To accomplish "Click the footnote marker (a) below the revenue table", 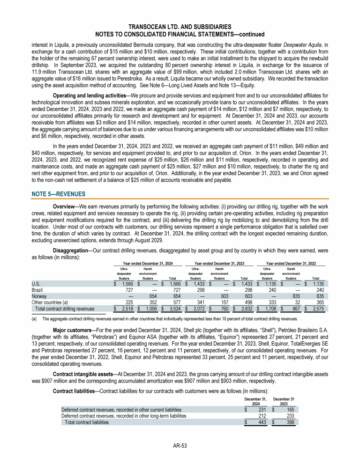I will [34, 318].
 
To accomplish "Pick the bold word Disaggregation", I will [72, 251].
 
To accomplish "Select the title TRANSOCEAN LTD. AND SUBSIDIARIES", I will [180, 27].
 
